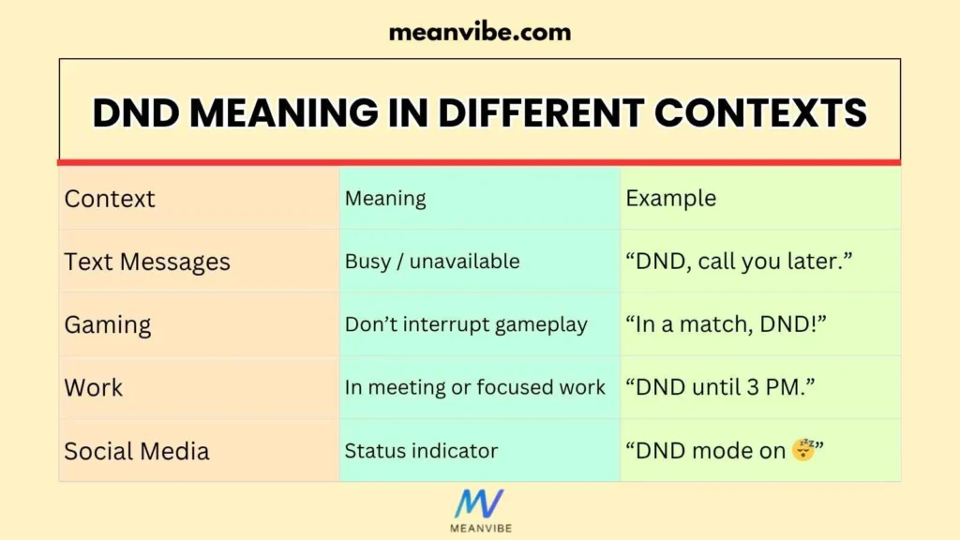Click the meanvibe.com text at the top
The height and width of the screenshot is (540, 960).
[x=479, y=33]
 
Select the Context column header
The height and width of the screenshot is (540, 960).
[x=110, y=199]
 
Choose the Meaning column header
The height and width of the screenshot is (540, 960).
[x=385, y=199]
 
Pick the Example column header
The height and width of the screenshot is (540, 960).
[x=670, y=199]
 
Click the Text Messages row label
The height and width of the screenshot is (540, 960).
[x=147, y=262]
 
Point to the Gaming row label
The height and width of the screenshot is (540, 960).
[x=108, y=324]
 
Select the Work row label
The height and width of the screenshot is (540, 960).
[x=94, y=387]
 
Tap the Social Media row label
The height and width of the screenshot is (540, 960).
[x=137, y=450]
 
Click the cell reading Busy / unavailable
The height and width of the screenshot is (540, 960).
[x=432, y=262]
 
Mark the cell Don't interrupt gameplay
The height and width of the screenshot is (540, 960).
[x=466, y=324]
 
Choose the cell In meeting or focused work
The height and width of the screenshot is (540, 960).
[x=474, y=387]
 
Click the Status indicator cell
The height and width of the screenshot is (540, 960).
[x=421, y=450]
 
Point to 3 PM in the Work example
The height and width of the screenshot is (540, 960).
[x=779, y=387]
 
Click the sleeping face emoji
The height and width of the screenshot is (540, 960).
[x=802, y=450]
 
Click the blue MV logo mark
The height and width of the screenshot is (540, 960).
[x=479, y=503]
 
